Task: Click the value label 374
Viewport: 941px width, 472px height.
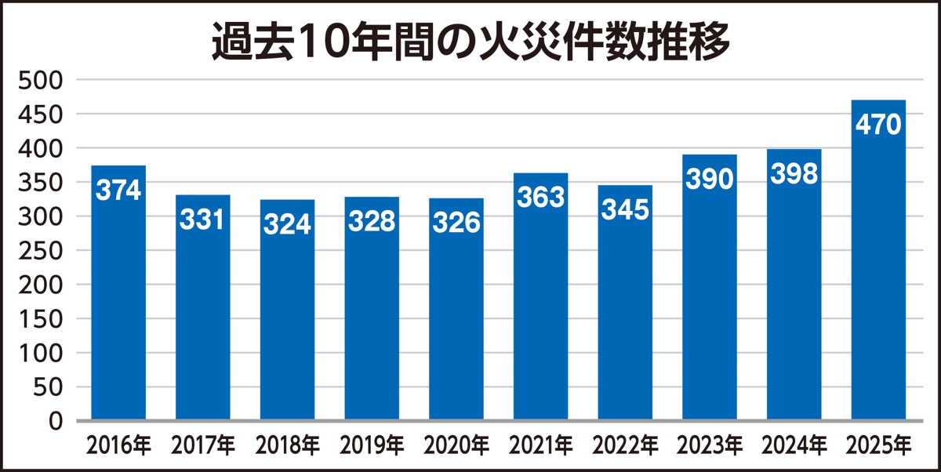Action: (118, 191)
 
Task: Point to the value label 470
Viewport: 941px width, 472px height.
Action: (878, 125)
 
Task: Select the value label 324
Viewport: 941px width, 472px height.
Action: (287, 225)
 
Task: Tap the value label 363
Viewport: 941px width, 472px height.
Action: (541, 198)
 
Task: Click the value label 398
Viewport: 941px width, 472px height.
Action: (794, 174)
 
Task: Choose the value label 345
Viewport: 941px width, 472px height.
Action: (625, 211)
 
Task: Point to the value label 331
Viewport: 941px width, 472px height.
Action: (202, 220)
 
